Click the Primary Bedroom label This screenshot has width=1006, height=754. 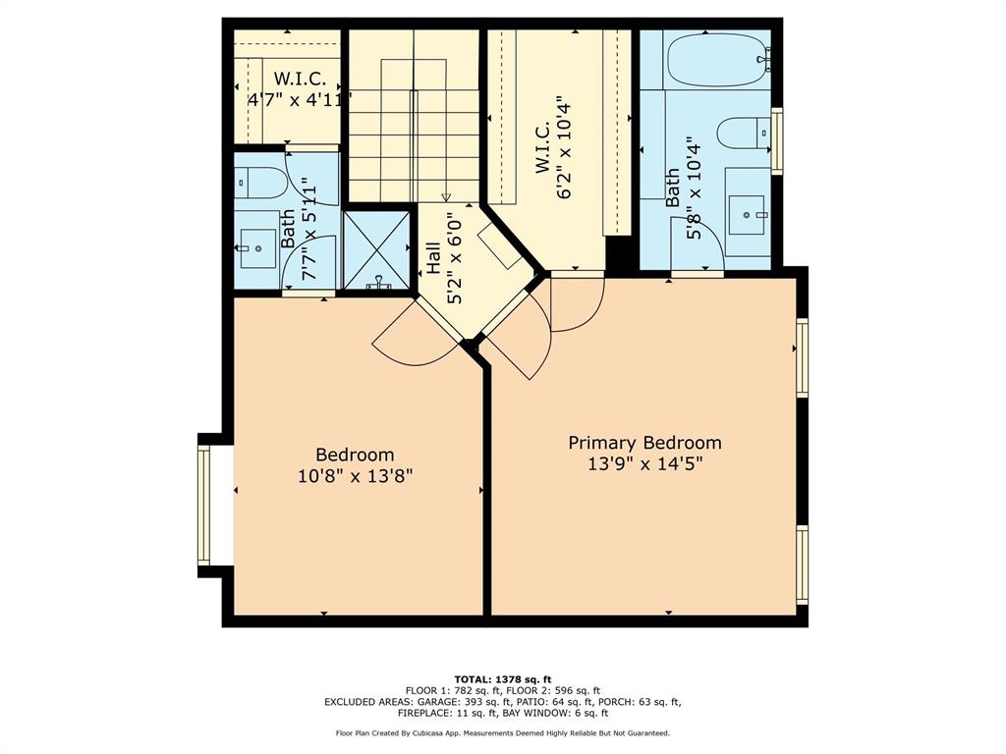pos(644,443)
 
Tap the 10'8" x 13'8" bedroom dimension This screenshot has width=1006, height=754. pos(355,476)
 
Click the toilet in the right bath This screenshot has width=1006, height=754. pos(743,133)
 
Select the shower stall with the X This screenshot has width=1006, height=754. pos(375,251)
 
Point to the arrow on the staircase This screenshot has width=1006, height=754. pos(446,195)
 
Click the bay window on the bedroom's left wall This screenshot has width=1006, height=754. pos(204,506)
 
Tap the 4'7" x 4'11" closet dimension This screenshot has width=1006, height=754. pos(298,98)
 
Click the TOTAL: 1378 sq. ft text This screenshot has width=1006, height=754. pos(502,679)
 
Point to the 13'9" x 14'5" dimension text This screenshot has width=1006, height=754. pos(644,464)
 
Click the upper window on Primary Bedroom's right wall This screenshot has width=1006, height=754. pos(802,357)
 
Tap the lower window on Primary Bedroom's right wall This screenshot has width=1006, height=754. pos(802,565)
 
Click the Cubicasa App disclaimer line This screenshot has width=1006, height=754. pos(502,733)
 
